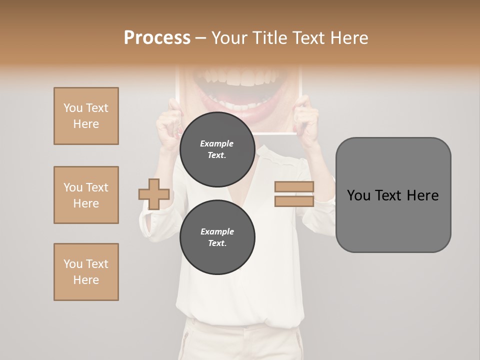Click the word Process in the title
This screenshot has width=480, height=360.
pyautogui.click(x=157, y=37)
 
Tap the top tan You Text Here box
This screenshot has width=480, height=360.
pyautogui.click(x=86, y=116)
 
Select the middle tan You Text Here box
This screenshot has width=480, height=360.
pyautogui.click(x=86, y=195)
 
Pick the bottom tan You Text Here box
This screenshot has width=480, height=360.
pyautogui.click(x=86, y=272)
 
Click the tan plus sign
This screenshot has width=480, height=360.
pyautogui.click(x=154, y=194)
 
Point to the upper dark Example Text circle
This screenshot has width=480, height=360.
pyautogui.click(x=217, y=149)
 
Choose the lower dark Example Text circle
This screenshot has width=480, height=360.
pyautogui.click(x=217, y=237)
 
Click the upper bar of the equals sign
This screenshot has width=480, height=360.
pyautogui.click(x=294, y=186)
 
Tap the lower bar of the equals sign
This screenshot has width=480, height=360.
pyautogui.click(x=294, y=201)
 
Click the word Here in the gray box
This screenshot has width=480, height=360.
pyautogui.click(x=423, y=195)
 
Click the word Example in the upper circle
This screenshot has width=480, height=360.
pyautogui.click(x=217, y=143)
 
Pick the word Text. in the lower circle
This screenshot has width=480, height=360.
pyautogui.click(x=217, y=243)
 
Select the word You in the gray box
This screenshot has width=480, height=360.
pyautogui.click(x=358, y=195)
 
